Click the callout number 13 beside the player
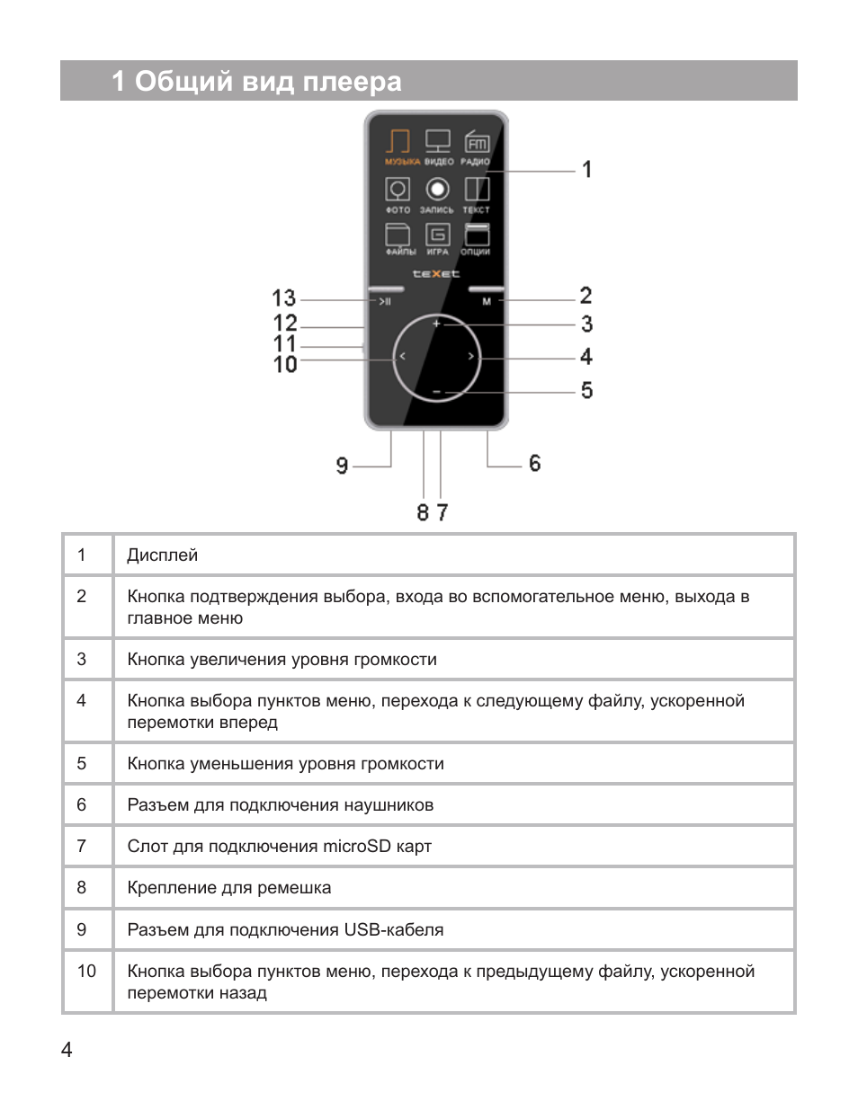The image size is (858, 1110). (283, 298)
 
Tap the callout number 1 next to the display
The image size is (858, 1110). (587, 170)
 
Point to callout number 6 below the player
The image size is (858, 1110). (534, 464)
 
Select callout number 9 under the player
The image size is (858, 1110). (342, 466)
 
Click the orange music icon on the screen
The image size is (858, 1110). (398, 142)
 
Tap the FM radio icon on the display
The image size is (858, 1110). (477, 142)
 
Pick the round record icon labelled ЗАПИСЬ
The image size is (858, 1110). (437, 190)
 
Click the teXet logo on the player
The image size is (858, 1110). (436, 273)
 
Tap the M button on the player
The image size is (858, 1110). (487, 301)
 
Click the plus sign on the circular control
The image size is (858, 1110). (436, 323)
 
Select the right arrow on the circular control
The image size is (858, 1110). (470, 357)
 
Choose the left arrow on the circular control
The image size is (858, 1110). (402, 357)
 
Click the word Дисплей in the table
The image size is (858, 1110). (162, 555)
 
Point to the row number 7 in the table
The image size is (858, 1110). (82, 846)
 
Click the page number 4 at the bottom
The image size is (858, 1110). (67, 1050)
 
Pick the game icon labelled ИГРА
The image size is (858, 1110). (437, 235)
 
